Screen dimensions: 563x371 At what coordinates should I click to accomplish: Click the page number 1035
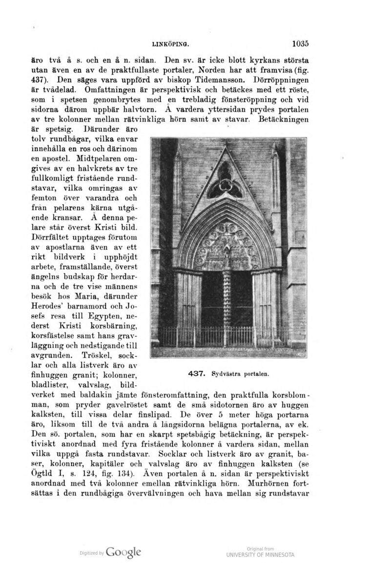300,43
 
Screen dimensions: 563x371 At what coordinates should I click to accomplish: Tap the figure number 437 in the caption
195,374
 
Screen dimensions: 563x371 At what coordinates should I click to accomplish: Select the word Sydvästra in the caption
226,374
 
